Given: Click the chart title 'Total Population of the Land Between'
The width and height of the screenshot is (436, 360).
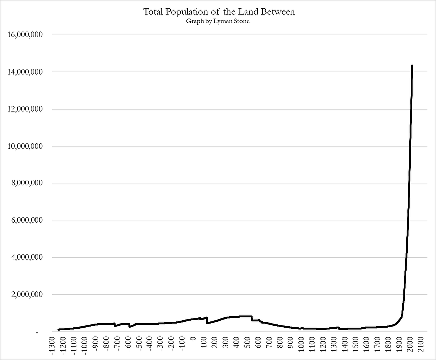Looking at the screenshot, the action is [x=219, y=12].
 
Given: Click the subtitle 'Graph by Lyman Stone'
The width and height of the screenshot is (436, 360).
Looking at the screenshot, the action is [x=218, y=21].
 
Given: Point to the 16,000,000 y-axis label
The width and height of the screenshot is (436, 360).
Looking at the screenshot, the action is [x=25, y=35].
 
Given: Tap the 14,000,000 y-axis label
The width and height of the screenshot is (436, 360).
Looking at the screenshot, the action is [x=25, y=72].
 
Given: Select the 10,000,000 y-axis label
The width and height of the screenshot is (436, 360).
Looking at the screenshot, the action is [x=25, y=146].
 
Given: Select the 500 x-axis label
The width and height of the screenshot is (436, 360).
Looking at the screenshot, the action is [x=247, y=342].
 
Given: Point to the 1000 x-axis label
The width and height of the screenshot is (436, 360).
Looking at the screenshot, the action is [x=301, y=344].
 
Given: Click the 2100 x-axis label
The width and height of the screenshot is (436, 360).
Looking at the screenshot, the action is [x=420, y=344].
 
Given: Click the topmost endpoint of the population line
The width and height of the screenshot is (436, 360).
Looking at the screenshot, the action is [x=412, y=66].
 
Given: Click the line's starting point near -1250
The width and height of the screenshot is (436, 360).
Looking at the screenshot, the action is [x=58, y=330].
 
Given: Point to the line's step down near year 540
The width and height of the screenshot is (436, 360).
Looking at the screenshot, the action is [x=251, y=318].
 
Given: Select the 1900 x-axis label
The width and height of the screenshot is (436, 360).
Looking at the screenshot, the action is [x=398, y=344].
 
